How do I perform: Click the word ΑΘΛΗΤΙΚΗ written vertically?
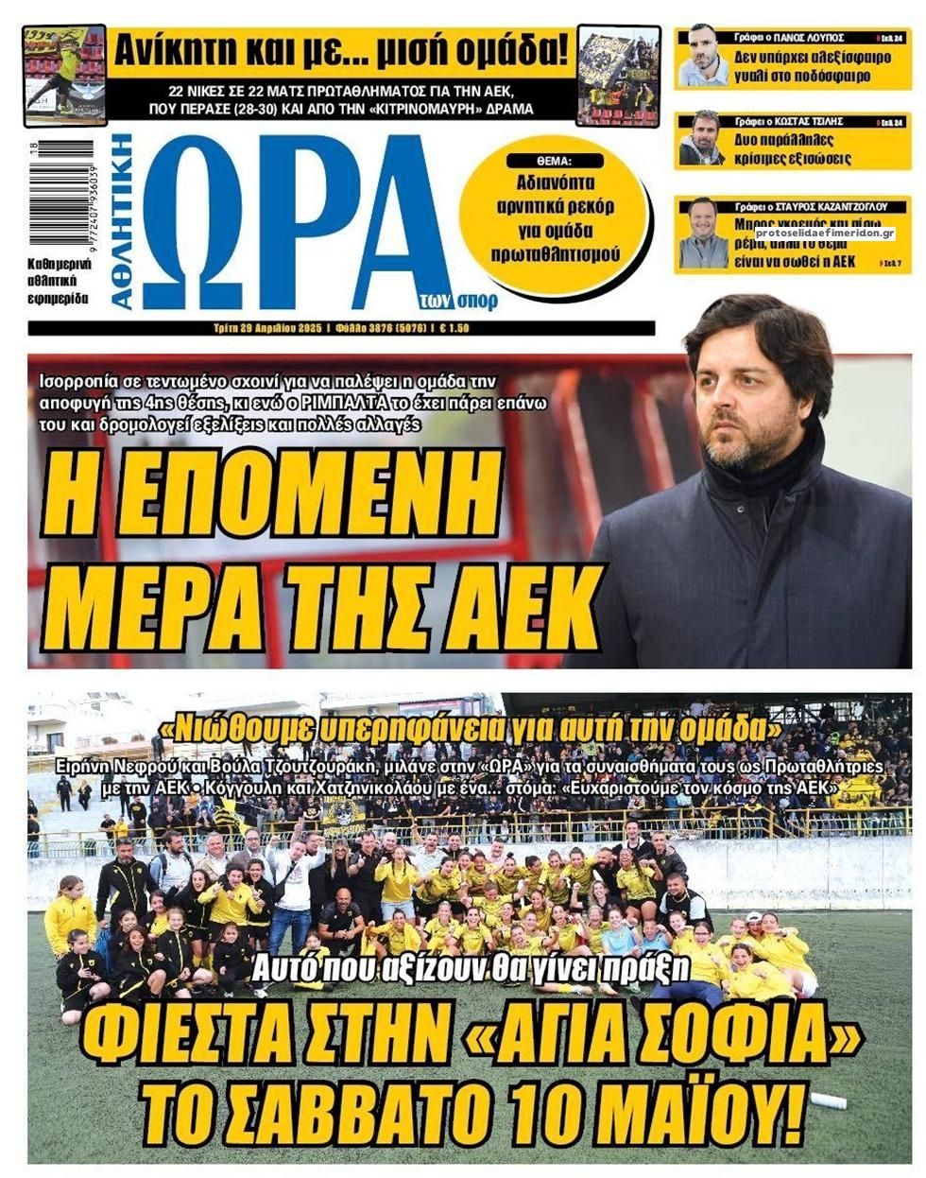pos(124,222)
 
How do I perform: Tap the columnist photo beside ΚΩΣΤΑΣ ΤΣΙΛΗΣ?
pos(701,140)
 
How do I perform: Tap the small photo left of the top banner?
pos(64,75)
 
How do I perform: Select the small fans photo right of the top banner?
pos(618,75)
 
